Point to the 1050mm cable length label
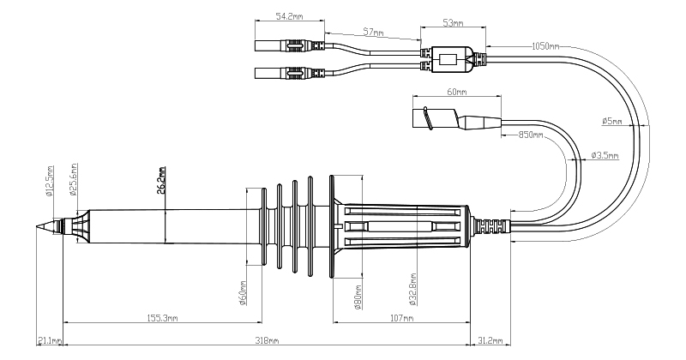pyautogui.click(x=546, y=44)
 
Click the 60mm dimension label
pyautogui.click(x=455, y=90)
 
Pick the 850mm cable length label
pyautogui.click(x=533, y=135)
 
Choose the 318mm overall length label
pyautogui.click(x=268, y=340)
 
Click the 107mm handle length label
pyautogui.click(x=401, y=319)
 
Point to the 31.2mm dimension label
pyautogui.click(x=490, y=340)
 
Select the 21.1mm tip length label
pyautogui.click(x=50, y=340)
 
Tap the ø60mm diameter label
pyautogui.click(x=244, y=293)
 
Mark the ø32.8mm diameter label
pyautogui.click(x=412, y=290)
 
